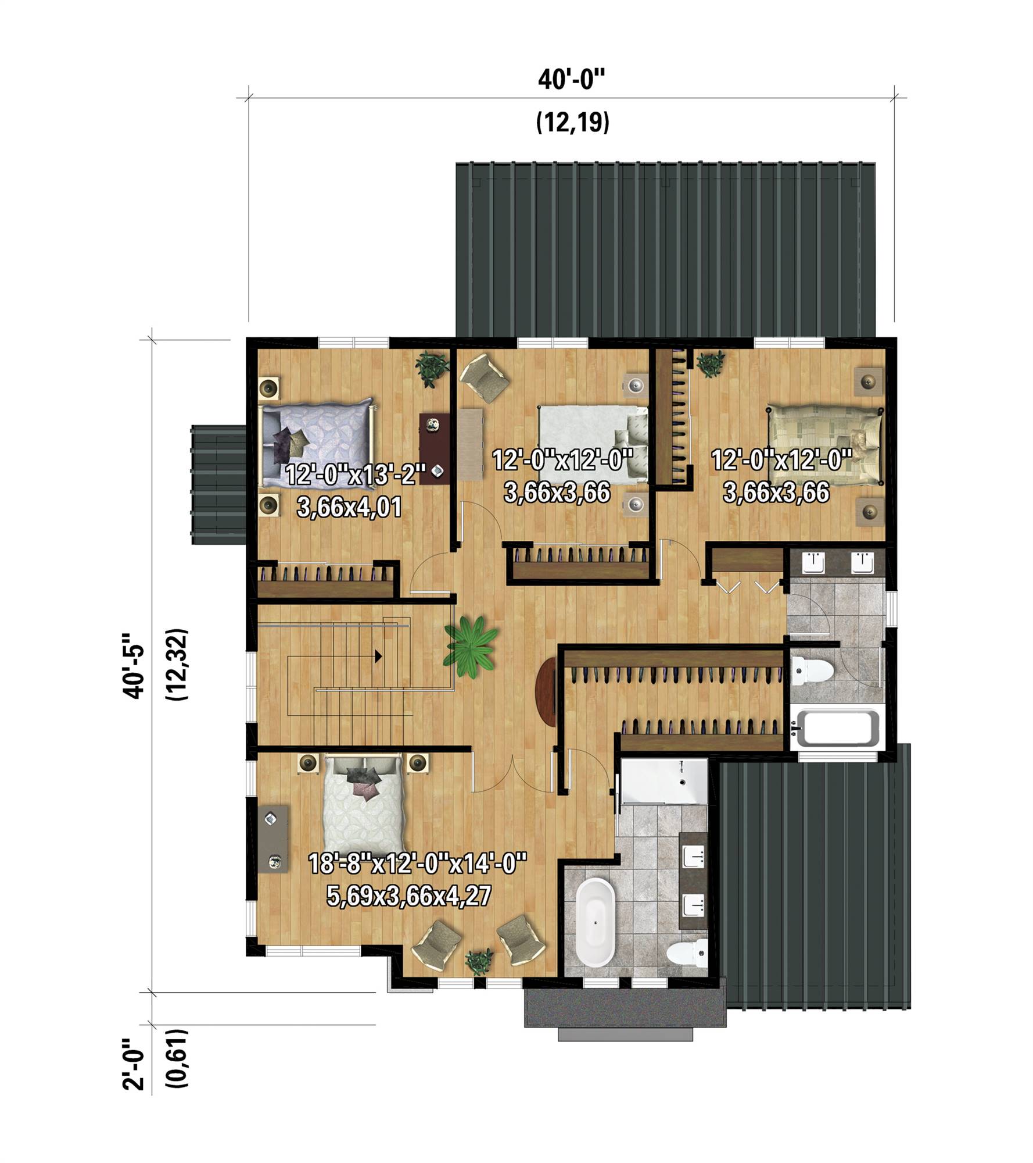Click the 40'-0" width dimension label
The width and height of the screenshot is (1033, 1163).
click(572, 79)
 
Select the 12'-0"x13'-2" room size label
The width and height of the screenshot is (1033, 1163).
click(356, 475)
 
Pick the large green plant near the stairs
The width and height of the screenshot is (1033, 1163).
click(471, 647)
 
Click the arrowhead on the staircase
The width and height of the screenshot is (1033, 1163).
click(378, 657)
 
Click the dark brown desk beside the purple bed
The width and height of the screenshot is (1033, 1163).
click(434, 448)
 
